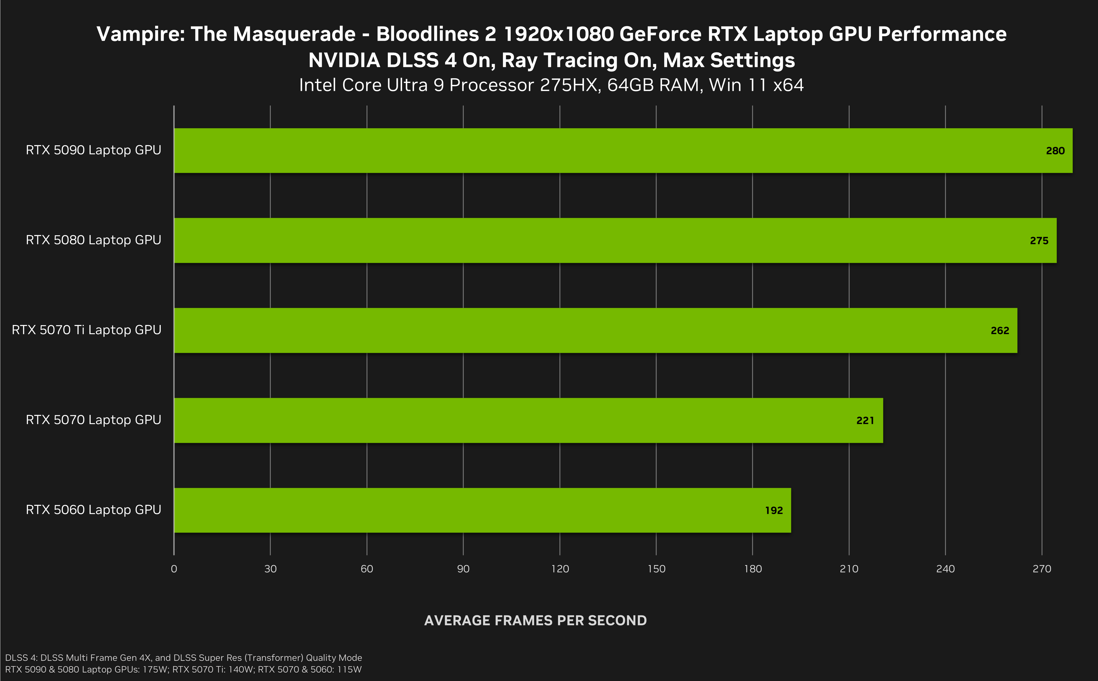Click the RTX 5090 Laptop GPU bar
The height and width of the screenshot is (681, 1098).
[x=623, y=150]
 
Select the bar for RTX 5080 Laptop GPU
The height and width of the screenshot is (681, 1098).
[x=615, y=240]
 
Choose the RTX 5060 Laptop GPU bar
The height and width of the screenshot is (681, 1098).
[x=482, y=510]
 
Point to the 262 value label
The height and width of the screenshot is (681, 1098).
[x=1000, y=331]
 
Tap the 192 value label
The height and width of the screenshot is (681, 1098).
[x=774, y=510]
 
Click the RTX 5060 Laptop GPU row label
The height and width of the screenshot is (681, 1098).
[x=93, y=510]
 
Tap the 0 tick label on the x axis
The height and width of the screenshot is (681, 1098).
[x=174, y=569]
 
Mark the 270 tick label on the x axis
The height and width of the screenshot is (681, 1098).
[x=1042, y=569]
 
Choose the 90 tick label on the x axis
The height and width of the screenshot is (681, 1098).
[x=463, y=569]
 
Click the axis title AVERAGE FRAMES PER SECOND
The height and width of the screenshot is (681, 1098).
[x=535, y=620]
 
